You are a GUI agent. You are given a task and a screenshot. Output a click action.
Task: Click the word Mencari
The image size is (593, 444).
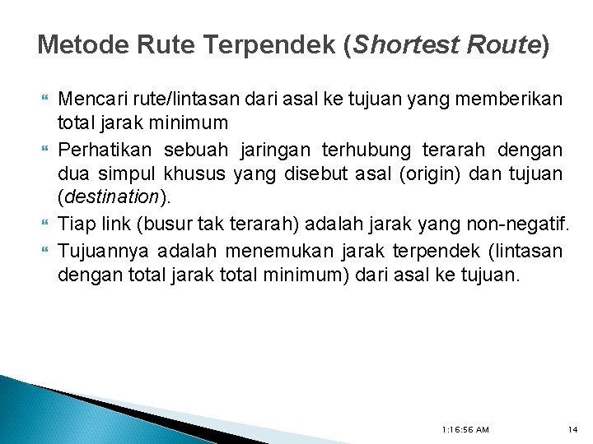click(91, 100)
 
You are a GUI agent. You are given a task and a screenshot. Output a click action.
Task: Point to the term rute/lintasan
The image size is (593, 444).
click(185, 100)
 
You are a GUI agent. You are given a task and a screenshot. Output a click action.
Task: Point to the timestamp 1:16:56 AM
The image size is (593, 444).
click(465, 429)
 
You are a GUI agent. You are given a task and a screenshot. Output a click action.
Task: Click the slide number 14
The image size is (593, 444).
click(573, 429)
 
